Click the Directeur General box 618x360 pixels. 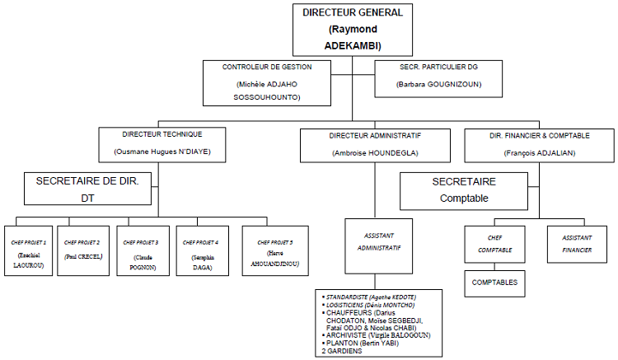click(x=352, y=29)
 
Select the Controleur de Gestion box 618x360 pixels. click(x=267, y=82)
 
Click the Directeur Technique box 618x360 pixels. click(x=162, y=143)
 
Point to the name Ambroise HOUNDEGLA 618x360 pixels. click(x=375, y=153)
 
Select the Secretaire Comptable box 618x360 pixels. click(x=463, y=189)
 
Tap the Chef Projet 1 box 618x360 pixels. click(x=29, y=249)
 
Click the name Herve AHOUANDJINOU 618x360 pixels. click(x=275, y=259)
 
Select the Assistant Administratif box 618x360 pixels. click(x=374, y=240)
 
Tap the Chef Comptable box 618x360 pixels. click(x=495, y=244)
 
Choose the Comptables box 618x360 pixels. click(x=495, y=282)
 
